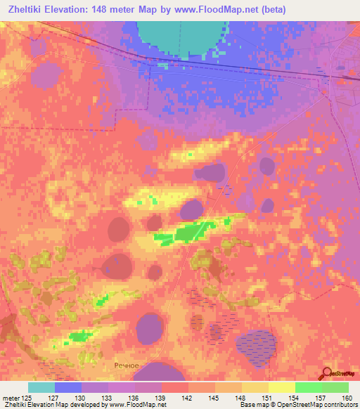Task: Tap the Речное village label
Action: point(128,365)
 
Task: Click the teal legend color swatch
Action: point(41,387)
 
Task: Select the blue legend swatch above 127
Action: point(67,387)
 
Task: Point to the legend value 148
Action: point(240,397)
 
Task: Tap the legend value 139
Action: point(160,397)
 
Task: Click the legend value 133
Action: point(107,397)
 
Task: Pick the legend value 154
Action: point(294,397)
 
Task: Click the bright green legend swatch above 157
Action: point(308,387)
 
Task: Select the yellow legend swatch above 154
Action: point(281,387)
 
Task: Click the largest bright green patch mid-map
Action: point(186,233)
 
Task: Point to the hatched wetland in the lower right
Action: point(256,343)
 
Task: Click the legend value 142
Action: point(187,397)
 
